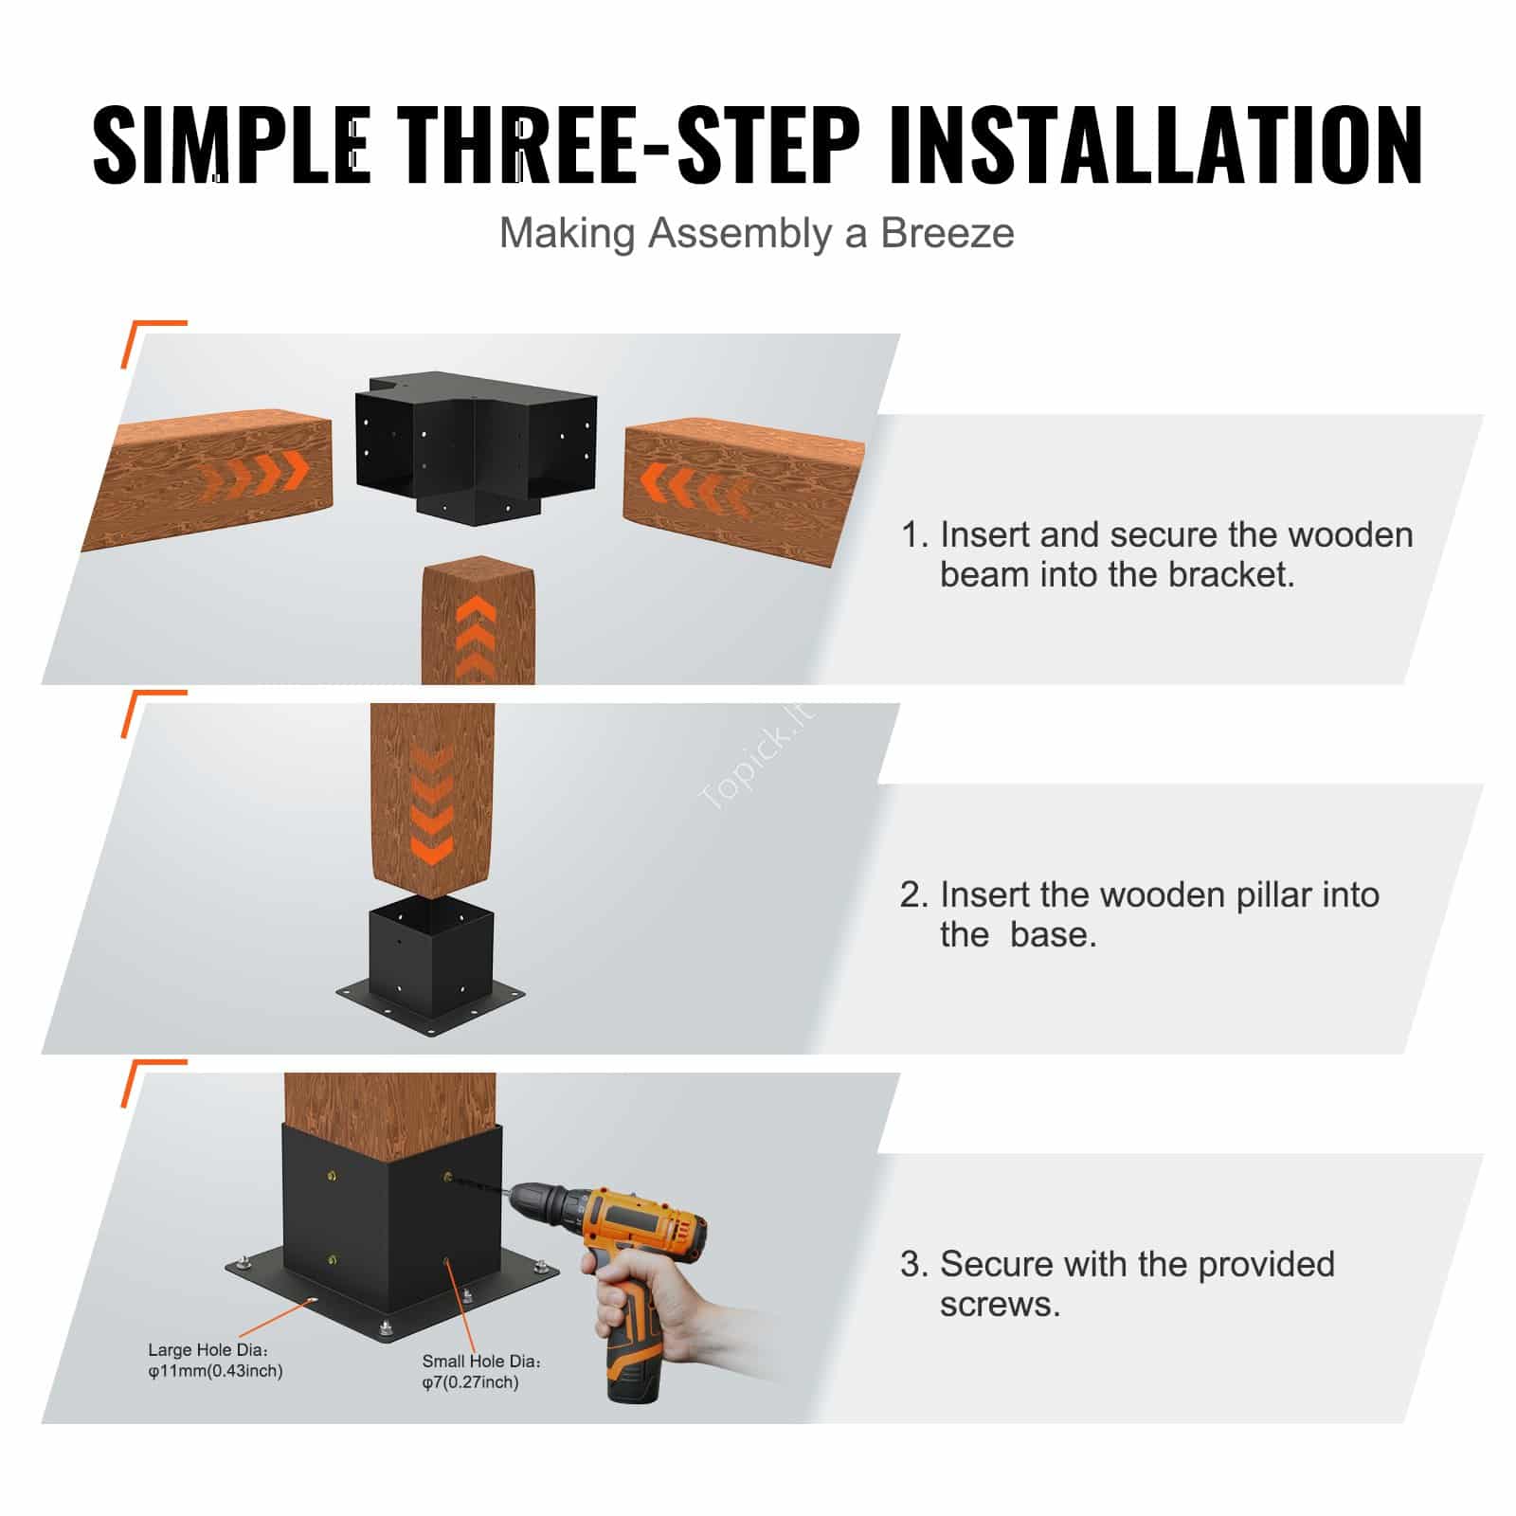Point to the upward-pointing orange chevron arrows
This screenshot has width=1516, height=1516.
[x=477, y=637]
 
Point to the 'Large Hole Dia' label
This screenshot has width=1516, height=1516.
[x=215, y=1360]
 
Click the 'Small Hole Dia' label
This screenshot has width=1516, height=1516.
[x=481, y=1371]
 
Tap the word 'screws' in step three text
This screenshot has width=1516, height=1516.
[x=1000, y=1305]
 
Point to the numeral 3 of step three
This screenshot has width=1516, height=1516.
[x=911, y=1264]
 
